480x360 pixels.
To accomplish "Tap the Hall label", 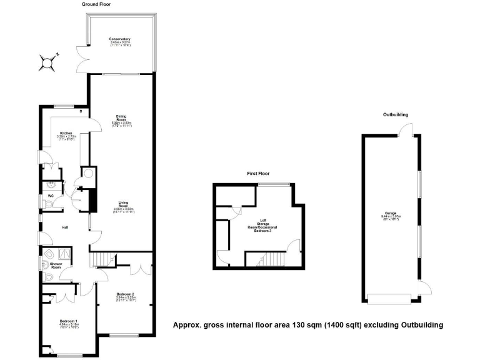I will click(x=64, y=227).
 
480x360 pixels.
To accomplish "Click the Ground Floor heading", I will click(x=97, y=4).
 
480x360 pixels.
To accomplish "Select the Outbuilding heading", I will click(x=396, y=115).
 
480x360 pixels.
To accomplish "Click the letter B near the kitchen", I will click(x=81, y=112).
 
